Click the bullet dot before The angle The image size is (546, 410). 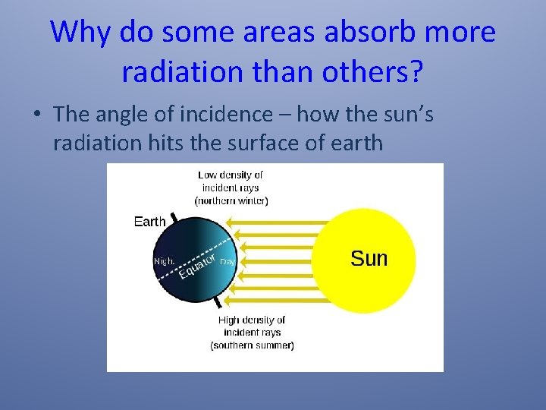(x=36, y=115)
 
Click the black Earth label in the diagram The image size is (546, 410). (x=149, y=222)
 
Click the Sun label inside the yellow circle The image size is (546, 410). (x=369, y=259)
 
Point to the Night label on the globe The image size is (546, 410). (x=165, y=261)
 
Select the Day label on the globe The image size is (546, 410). (x=227, y=261)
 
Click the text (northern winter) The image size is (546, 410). (x=231, y=201)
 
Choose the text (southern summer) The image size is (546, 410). (x=252, y=345)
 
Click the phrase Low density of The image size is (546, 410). (x=231, y=175)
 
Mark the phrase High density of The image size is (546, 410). (x=252, y=320)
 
